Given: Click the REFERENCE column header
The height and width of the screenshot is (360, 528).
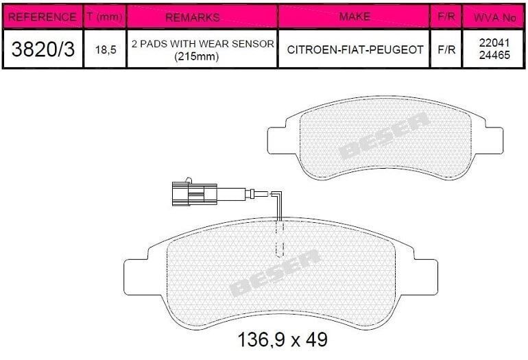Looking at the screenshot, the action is tap(42, 17).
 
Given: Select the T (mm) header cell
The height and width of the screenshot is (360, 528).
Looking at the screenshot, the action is tap(104, 16).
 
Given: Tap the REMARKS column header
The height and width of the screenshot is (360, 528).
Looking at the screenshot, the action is tap(193, 17).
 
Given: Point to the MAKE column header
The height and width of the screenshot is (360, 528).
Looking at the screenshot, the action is tap(355, 16).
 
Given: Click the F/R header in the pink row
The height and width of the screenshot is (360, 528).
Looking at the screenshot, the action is tap(446, 16).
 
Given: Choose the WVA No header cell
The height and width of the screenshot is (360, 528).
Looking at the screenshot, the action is tap(494, 18).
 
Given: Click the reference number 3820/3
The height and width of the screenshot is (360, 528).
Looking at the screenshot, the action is tap(43, 49).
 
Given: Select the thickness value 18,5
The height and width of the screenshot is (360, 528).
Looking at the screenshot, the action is tap(106, 50).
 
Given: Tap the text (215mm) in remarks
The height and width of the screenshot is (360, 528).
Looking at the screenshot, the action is tap(197, 56).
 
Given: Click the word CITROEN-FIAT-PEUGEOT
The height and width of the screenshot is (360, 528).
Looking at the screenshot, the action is tap(355, 50).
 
